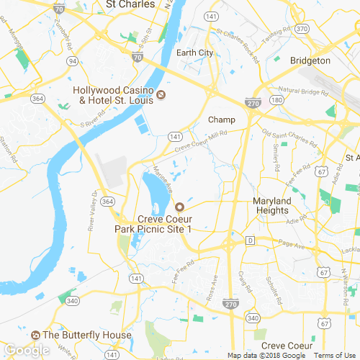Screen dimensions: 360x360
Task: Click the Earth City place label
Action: (194, 53)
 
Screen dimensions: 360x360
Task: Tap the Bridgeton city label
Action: (310, 61)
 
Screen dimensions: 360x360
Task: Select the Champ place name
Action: (222, 119)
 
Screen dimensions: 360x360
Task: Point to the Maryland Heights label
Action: (272, 205)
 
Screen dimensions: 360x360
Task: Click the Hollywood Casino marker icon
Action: (161, 94)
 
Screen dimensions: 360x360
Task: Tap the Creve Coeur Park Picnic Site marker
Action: (179, 207)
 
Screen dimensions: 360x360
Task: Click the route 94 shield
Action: (73, 61)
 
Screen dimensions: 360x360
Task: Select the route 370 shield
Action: (302, 28)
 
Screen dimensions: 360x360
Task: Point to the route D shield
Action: (250, 239)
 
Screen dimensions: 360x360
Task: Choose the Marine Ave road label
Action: (163, 179)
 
